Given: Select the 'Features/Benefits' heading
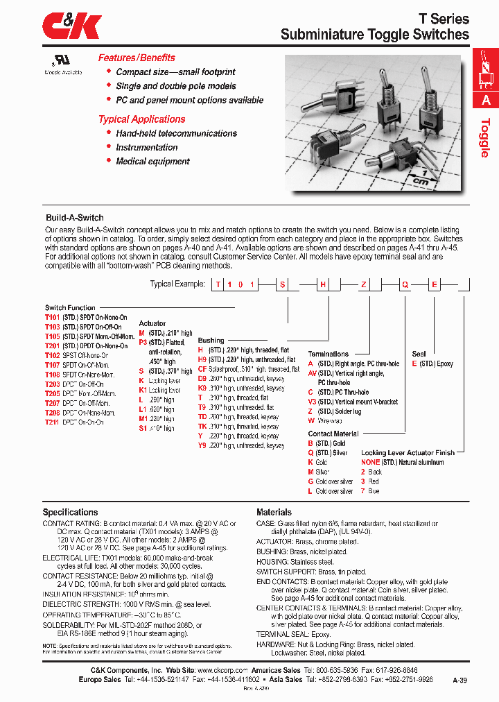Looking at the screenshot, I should pyautogui.click(x=137, y=58).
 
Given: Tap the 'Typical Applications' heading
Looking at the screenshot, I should pyautogui.click(x=141, y=119).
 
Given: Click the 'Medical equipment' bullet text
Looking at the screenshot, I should pyautogui.click(x=152, y=161).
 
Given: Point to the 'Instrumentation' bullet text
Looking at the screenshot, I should pyautogui.click(x=147, y=147).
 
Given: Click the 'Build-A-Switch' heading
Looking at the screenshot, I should pyautogui.click(x=74, y=218).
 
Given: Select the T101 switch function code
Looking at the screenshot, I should pyautogui.click(x=52, y=316).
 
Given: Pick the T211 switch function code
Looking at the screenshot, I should pyautogui.click(x=52, y=422).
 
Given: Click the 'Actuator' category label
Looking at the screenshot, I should pyautogui.click(x=152, y=323).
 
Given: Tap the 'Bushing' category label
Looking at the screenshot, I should pyautogui.click(x=211, y=341).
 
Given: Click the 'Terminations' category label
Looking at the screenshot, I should pyautogui.click(x=329, y=354).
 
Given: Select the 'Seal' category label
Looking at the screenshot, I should pyautogui.click(x=419, y=354).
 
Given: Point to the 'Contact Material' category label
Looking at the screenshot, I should pyautogui.click(x=333, y=434).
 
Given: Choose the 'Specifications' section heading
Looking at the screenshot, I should pyautogui.click(x=70, y=512).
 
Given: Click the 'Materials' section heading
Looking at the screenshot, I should pyautogui.click(x=274, y=512).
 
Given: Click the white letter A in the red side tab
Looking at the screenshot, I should pyautogui.click(x=485, y=100).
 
